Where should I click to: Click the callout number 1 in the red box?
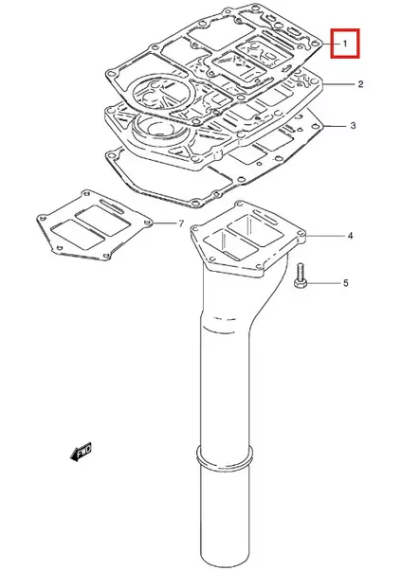pos(346,43)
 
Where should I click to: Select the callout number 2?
pos(361,85)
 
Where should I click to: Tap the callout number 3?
pos(353,126)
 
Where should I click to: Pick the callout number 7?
pos(181,223)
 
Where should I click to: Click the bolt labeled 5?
pos(301,277)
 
